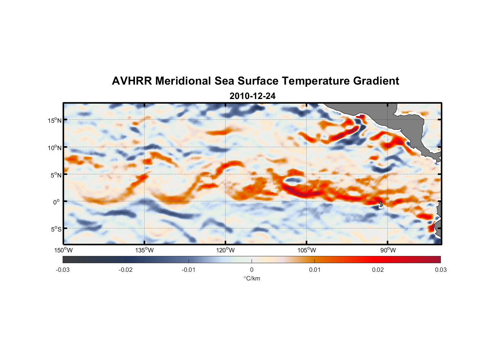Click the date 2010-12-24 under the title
252,96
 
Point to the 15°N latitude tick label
55,120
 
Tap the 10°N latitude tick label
55,148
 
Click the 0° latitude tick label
57,202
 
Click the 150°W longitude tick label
63,250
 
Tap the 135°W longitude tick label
144,250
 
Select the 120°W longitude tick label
225,250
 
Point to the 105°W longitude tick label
307,250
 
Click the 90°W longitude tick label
388,250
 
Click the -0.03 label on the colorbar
63,270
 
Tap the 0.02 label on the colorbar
378,270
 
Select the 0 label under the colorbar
252,270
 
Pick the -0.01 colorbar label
189,270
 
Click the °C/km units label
252,278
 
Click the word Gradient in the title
376,81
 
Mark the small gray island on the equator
381,204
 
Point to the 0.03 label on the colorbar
440,270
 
